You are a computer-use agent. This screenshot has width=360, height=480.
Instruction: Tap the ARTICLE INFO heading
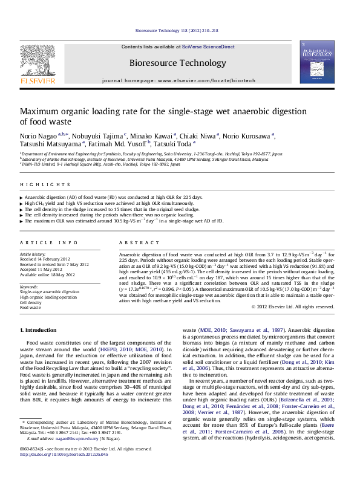click(43, 242)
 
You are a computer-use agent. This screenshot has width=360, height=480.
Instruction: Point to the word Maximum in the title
click(40, 112)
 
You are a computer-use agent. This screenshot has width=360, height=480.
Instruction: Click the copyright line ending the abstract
click(293, 306)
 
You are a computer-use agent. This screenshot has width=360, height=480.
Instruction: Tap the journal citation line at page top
click(180, 30)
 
